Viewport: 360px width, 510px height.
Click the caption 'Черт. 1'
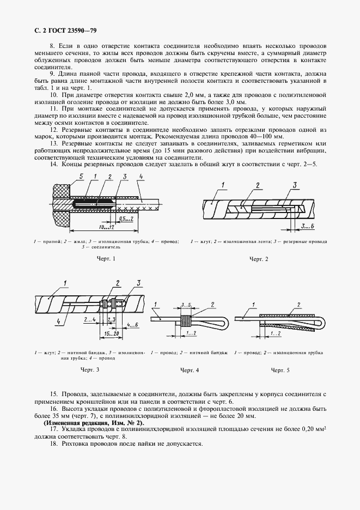click(106, 258)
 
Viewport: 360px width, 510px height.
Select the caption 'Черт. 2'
click(259, 258)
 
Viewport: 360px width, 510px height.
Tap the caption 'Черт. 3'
click(89, 370)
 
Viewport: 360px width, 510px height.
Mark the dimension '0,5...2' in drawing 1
click(126, 218)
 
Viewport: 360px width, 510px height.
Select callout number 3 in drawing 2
click(295, 185)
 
